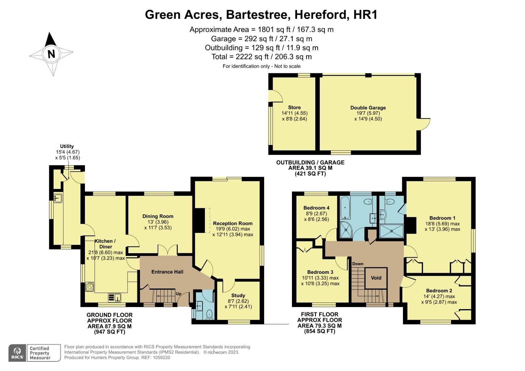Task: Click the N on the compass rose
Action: (51, 54)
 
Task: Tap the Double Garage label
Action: (368, 108)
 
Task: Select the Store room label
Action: (294, 107)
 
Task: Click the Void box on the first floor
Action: (376, 278)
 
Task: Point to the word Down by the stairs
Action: (358, 264)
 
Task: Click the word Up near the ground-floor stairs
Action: (178, 294)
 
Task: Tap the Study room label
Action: (238, 295)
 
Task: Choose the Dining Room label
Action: (158, 216)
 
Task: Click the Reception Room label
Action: (232, 223)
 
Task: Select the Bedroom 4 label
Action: (316, 208)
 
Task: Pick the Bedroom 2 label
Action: (439, 290)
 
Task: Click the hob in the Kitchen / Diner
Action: (90, 286)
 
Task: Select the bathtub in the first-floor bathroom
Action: (345, 208)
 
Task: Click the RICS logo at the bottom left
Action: (17, 353)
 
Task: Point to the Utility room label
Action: (67, 146)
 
